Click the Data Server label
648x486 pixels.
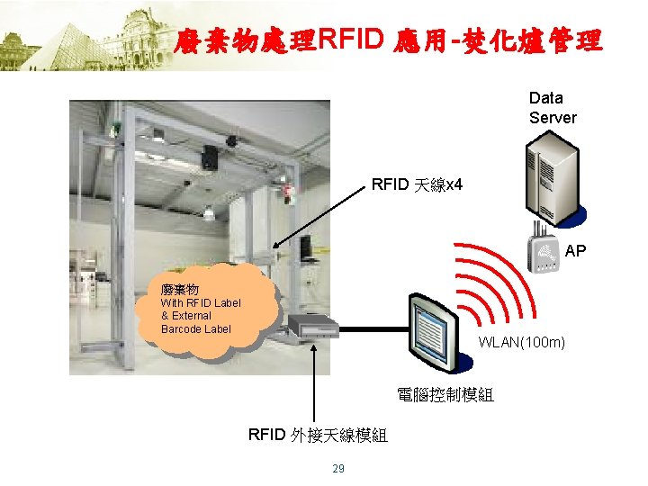click(553, 107)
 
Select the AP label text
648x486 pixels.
click(575, 251)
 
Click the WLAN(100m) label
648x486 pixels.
click(521, 342)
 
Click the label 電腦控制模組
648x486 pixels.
click(445, 394)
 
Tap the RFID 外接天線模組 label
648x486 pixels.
click(318, 436)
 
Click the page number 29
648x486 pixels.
click(338, 468)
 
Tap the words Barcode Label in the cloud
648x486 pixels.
click(196, 328)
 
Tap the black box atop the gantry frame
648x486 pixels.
click(211, 157)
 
